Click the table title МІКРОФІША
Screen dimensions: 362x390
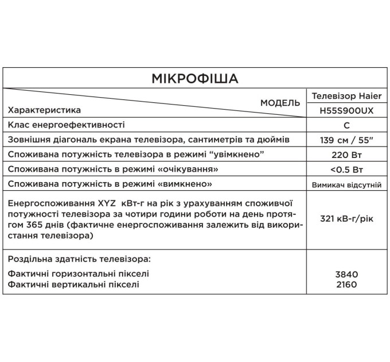tap(195, 78)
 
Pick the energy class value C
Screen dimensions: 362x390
tap(346, 125)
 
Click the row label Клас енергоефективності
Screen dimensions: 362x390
tap(66, 125)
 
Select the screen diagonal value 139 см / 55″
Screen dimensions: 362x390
tap(346, 140)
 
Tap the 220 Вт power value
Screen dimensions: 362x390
tap(346, 155)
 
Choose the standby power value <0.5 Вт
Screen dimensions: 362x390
tap(346, 170)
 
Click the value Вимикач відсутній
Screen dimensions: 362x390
tap(346, 185)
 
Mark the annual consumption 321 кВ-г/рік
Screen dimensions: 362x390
tap(346, 219)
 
